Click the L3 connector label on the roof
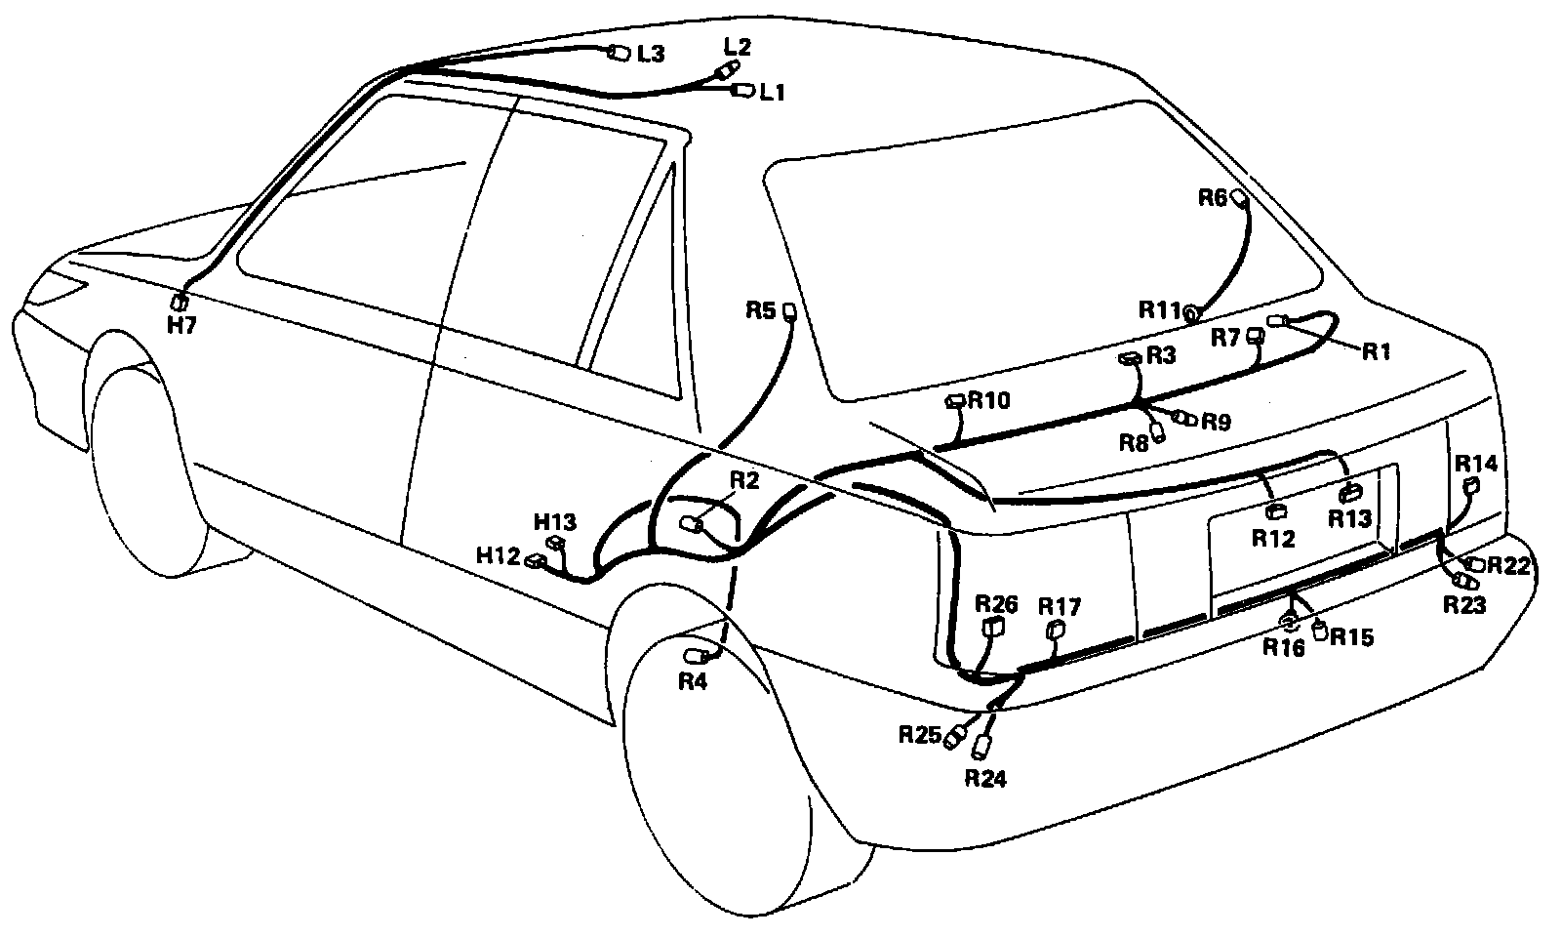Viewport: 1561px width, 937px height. pyautogui.click(x=651, y=55)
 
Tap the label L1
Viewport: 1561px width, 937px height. pyautogui.click(x=773, y=93)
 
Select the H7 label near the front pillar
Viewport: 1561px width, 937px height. pyautogui.click(x=181, y=325)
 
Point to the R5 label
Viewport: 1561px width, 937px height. pyautogui.click(x=760, y=310)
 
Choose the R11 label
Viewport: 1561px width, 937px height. pyautogui.click(x=1159, y=309)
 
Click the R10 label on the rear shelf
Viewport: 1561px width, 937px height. pyautogui.click(x=990, y=400)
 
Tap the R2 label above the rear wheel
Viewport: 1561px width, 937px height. pyautogui.click(x=743, y=479)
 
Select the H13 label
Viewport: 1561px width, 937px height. pyautogui.click(x=555, y=521)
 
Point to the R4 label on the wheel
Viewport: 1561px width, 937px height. pyautogui.click(x=693, y=682)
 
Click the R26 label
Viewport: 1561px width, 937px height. pyautogui.click(x=996, y=604)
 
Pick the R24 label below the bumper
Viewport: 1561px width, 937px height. pyautogui.click(x=985, y=778)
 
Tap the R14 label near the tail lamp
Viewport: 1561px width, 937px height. pyautogui.click(x=1475, y=463)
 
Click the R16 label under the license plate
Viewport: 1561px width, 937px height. pyautogui.click(x=1284, y=647)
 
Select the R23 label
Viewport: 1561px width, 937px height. pyautogui.click(x=1464, y=606)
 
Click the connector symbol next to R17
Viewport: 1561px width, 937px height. pyautogui.click(x=1055, y=631)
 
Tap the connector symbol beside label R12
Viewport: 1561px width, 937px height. pyautogui.click(x=1274, y=509)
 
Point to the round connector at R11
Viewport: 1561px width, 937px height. pyautogui.click(x=1191, y=312)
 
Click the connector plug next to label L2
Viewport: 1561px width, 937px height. pyautogui.click(x=726, y=70)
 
